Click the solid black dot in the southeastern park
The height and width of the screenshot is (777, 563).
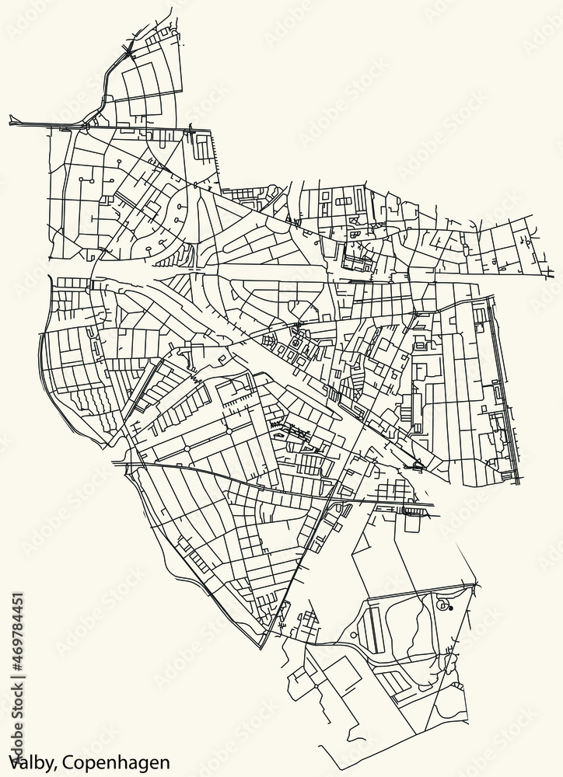(451, 608)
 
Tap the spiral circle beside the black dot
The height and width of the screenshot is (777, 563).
(443, 604)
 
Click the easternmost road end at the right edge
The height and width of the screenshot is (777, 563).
(553, 274)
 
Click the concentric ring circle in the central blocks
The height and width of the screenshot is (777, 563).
(295, 343)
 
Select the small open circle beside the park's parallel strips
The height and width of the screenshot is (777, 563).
(355, 635)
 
